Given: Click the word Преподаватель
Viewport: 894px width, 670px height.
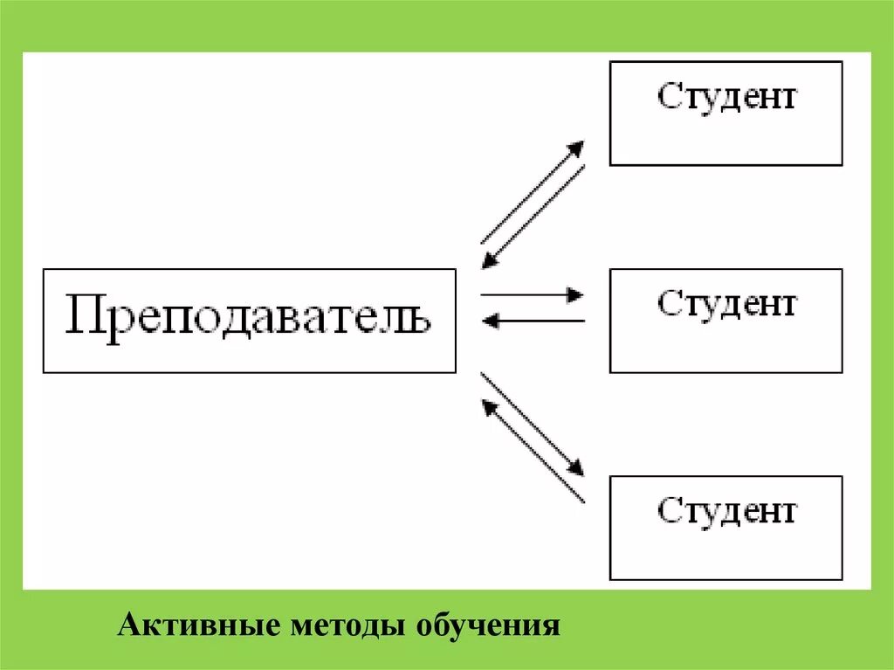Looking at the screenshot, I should coord(249,320).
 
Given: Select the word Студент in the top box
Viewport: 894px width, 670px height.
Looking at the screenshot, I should coord(726,96).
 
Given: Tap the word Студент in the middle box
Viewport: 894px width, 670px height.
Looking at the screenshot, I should coord(726,304).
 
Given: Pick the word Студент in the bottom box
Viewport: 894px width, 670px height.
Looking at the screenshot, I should coord(726,510).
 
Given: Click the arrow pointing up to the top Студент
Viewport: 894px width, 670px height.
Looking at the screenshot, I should coord(531,192).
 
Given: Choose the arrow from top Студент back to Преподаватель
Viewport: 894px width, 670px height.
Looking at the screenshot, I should coord(534,215).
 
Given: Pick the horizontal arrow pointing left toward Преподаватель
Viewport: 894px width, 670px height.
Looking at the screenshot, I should coord(534,321).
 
